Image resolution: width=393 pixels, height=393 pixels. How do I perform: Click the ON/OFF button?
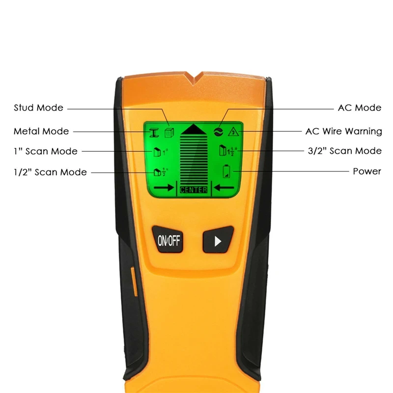[168, 240]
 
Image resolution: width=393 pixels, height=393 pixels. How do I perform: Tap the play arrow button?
[218, 241]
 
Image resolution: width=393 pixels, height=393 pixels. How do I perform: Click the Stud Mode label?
[38, 108]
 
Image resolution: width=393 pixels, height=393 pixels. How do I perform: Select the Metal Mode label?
[41, 131]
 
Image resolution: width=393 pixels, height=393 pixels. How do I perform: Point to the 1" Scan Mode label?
[45, 151]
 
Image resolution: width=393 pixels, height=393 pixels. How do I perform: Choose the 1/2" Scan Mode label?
[50, 172]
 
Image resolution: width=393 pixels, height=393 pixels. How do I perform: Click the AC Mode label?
[360, 108]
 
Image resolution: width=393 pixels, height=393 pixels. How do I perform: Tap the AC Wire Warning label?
[343, 131]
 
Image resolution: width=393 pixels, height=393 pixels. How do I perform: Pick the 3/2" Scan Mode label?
[344, 151]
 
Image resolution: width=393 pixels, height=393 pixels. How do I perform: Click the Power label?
[366, 171]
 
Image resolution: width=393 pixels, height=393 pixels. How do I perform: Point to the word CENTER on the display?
[194, 190]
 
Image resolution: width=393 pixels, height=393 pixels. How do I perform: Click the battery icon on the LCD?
[226, 171]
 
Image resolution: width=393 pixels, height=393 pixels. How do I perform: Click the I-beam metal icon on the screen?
[154, 132]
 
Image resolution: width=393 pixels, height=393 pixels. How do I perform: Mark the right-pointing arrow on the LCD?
[165, 187]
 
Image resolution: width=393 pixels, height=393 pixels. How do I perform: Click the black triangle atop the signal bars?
[194, 129]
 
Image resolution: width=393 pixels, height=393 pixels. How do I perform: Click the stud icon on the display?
[168, 132]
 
